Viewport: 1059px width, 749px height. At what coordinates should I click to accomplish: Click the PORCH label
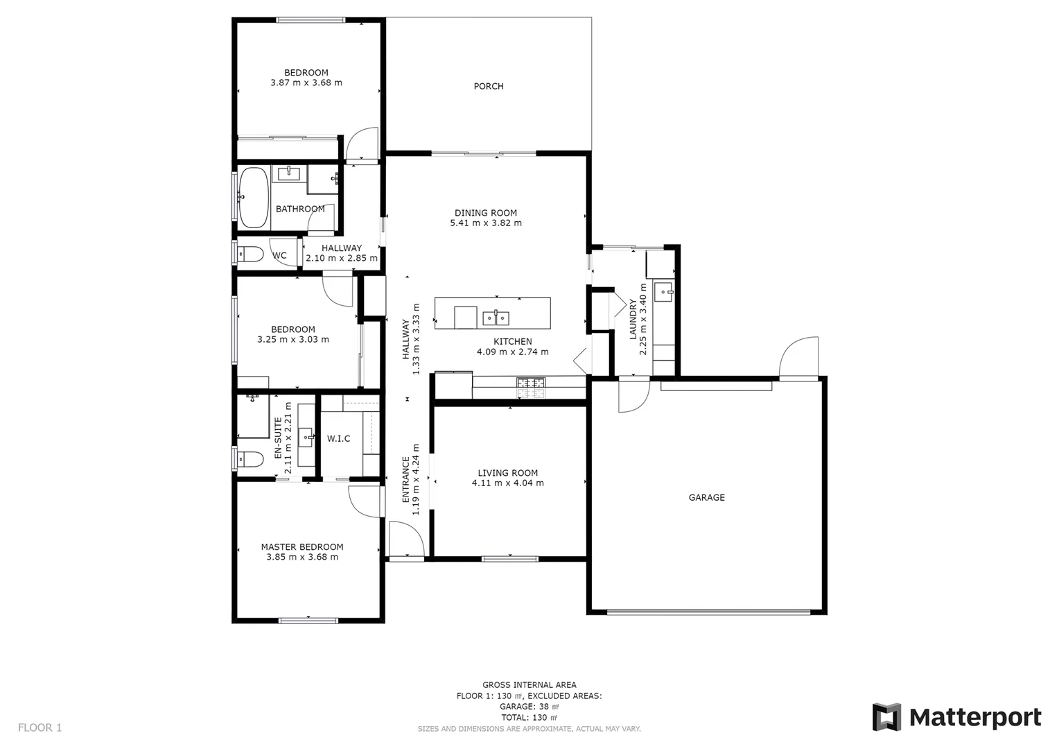point(489,86)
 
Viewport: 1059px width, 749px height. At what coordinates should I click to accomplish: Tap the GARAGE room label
point(706,497)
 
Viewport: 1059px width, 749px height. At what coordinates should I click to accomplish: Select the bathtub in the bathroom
point(253,198)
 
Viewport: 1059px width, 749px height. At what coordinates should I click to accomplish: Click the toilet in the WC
point(250,255)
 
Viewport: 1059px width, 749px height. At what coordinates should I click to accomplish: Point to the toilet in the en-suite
point(250,458)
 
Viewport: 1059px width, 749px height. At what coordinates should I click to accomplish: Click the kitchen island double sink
point(496,318)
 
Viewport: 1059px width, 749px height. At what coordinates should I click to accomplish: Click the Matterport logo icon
point(886,717)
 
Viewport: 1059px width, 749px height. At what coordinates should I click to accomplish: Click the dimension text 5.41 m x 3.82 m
point(486,223)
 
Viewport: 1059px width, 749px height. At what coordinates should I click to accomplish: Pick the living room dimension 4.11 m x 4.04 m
point(507,483)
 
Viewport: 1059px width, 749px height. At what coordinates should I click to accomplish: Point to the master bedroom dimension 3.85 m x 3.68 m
point(302,557)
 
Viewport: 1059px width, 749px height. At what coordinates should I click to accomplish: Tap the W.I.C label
point(338,438)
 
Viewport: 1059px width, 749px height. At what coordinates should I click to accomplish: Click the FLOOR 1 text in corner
point(40,728)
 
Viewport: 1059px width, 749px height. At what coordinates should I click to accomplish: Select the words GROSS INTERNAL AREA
point(529,685)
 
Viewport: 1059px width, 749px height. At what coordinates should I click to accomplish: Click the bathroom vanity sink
point(288,173)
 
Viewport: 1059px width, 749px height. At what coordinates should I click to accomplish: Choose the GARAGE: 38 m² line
point(529,707)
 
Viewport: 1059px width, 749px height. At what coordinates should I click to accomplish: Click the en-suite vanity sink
point(306,438)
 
